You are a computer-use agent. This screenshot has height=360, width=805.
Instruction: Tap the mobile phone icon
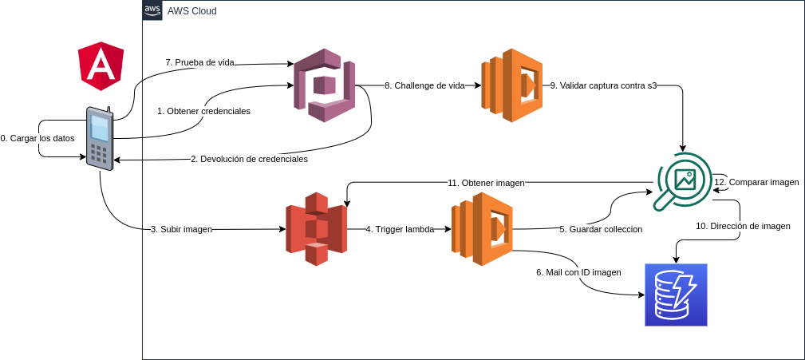(101, 137)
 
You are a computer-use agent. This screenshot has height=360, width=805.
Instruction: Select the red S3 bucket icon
(317, 229)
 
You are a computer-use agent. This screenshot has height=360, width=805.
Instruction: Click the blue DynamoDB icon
(676, 295)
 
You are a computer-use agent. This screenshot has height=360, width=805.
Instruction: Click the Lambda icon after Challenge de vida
(511, 85)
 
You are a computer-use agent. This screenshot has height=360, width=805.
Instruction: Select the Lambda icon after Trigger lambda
(482, 229)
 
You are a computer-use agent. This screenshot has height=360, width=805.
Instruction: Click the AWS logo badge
(152, 10)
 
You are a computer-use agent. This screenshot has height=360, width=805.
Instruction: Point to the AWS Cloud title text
(191, 11)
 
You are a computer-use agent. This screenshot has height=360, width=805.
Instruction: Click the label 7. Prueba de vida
(199, 62)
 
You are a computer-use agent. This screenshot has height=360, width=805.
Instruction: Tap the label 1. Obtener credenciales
(203, 111)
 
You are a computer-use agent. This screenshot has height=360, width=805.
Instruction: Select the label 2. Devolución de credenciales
(249, 159)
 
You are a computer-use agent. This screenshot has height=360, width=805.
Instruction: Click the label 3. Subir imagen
(181, 229)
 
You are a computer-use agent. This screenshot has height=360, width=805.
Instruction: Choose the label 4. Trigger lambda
(400, 229)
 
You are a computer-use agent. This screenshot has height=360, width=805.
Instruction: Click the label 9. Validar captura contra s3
(603, 85)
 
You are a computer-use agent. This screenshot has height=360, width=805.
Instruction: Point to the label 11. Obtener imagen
(486, 183)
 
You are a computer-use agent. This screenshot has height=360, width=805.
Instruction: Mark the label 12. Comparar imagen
(756, 182)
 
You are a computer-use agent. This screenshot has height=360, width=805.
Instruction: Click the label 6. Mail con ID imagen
(578, 272)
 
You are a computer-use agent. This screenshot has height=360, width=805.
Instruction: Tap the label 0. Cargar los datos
(37, 138)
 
